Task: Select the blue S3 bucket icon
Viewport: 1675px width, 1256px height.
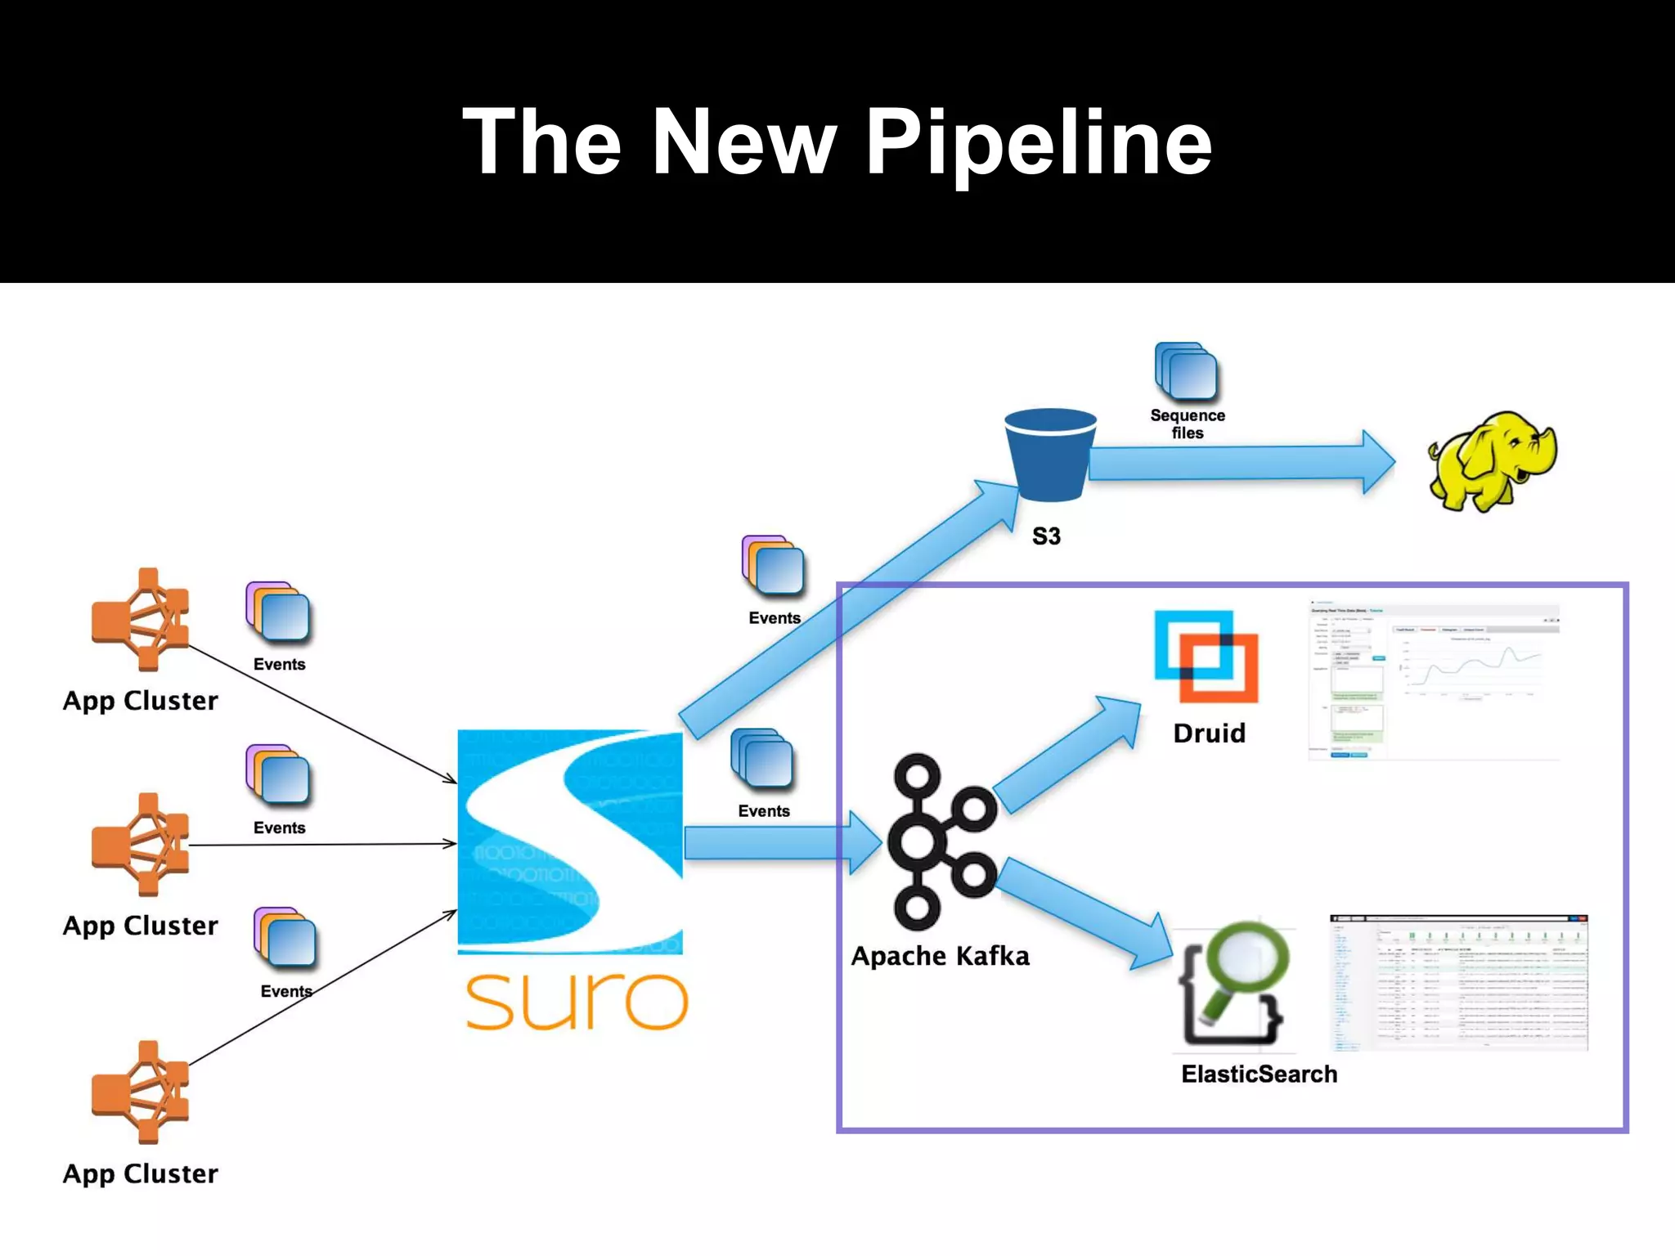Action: click(x=1049, y=455)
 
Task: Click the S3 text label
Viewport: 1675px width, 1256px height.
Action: click(x=1046, y=536)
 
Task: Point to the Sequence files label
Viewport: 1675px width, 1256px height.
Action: click(x=1187, y=424)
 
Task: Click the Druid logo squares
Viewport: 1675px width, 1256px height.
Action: click(x=1206, y=657)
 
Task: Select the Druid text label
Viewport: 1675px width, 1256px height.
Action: click(x=1209, y=733)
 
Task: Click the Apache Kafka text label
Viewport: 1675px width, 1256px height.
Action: click(x=940, y=956)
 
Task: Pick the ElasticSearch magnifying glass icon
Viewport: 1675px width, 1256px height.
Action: click(x=1235, y=985)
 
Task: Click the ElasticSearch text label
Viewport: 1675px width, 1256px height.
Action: click(x=1259, y=1074)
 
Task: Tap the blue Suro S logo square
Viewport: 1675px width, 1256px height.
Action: click(x=570, y=842)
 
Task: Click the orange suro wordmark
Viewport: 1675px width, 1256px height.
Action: click(x=577, y=1002)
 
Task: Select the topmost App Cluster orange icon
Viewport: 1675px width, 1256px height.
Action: click(x=141, y=619)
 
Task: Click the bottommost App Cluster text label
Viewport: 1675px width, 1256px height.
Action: click(x=141, y=1173)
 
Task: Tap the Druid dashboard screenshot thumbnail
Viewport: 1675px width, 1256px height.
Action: click(x=1434, y=681)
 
